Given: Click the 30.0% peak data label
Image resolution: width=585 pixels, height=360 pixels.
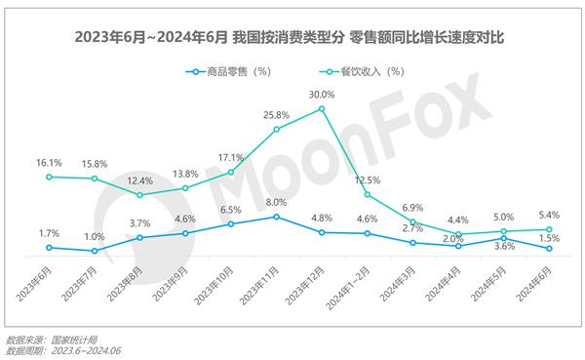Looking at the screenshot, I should click(322, 95).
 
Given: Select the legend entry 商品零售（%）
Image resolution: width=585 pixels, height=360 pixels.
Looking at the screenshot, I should click(230, 70).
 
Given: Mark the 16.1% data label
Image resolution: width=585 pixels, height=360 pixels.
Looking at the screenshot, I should click(48, 163).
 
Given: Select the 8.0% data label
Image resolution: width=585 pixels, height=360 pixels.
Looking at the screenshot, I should click(277, 202).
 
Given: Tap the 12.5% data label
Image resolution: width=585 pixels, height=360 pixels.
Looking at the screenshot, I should click(368, 180).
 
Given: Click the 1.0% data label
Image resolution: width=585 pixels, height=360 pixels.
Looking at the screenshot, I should click(94, 237).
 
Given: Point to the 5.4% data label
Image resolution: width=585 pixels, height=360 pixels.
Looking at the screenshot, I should click(549, 215).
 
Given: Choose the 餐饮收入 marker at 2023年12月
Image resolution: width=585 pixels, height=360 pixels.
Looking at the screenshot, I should click(322, 108).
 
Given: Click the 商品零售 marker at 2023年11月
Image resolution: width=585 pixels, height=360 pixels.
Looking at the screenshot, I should click(277, 216).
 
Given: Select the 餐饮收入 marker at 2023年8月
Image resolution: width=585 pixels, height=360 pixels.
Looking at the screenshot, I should click(139, 194).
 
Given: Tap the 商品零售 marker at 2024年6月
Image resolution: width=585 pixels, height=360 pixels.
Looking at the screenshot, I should click(549, 248).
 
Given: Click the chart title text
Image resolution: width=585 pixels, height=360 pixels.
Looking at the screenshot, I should click(292, 38).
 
